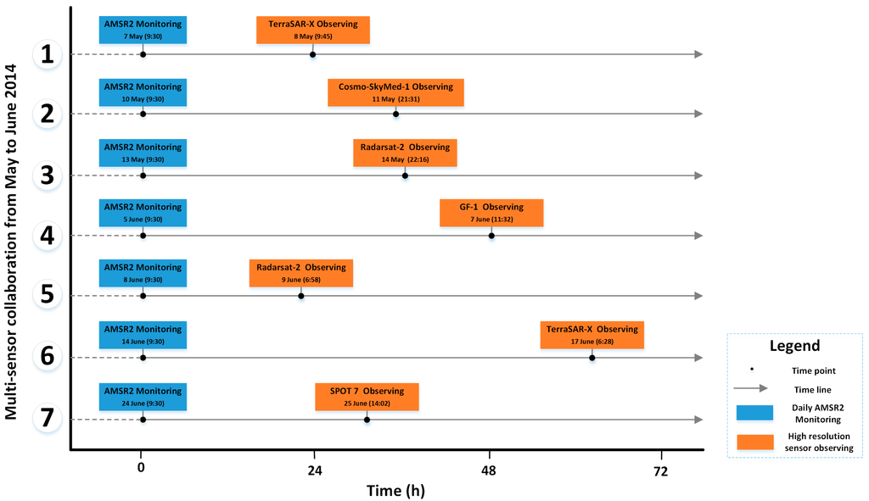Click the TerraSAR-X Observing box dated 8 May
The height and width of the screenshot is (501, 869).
(x=308, y=30)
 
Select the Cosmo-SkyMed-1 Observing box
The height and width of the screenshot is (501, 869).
(x=395, y=92)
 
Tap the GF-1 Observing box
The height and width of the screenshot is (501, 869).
(x=491, y=213)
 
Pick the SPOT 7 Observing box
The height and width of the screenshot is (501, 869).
(x=367, y=397)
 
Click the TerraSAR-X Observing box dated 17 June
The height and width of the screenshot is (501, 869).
(x=591, y=335)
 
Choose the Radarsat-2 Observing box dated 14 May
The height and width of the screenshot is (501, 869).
(x=405, y=153)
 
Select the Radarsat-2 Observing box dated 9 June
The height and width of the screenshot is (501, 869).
(x=300, y=273)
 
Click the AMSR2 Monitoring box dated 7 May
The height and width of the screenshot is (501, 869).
(x=143, y=30)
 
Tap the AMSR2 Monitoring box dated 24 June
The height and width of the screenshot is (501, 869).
(x=143, y=397)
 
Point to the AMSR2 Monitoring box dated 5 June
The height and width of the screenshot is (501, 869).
(x=143, y=213)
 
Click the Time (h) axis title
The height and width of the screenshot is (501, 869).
(x=395, y=490)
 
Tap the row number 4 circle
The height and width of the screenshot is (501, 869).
(x=48, y=235)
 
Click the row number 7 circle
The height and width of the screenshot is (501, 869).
(x=48, y=419)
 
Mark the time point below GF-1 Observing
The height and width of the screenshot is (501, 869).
(x=491, y=236)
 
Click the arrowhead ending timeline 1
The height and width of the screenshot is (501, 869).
(x=698, y=54)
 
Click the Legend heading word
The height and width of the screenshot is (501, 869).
(x=794, y=346)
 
